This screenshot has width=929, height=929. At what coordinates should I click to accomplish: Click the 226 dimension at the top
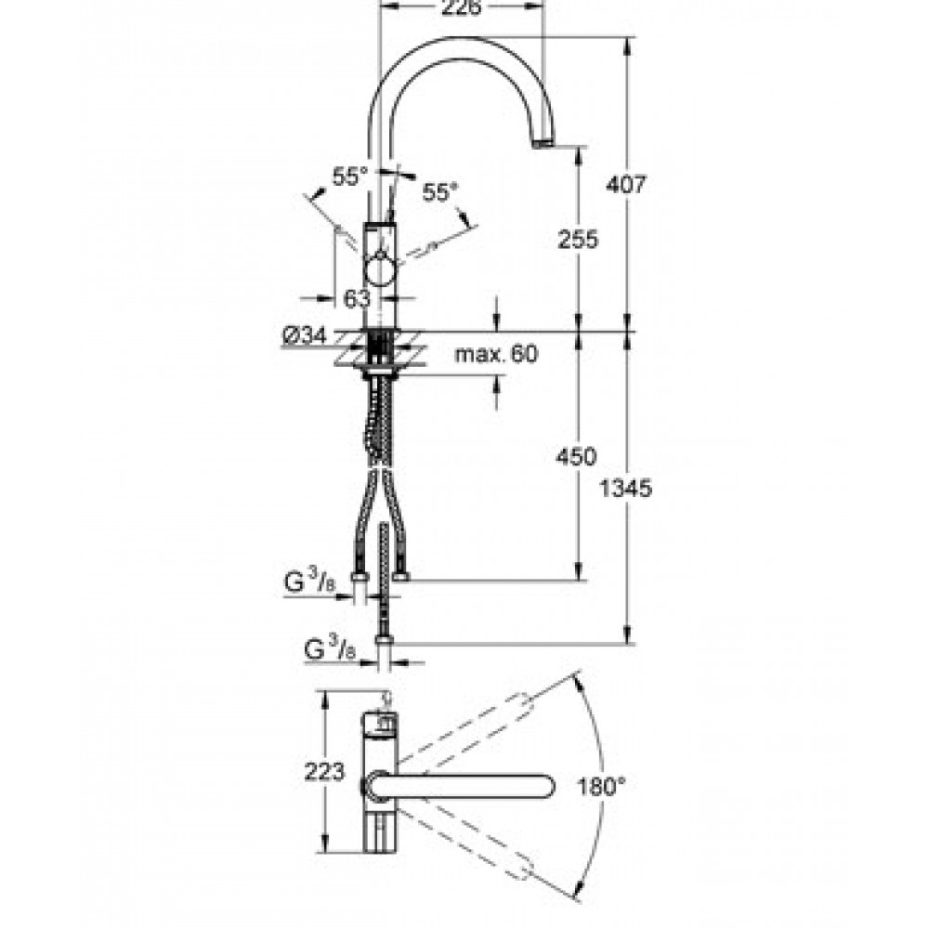[463, 7]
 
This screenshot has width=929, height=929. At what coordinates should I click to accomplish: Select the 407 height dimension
[626, 184]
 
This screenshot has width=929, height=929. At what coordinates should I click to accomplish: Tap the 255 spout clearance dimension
[578, 239]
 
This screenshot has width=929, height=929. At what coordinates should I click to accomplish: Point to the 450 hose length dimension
[576, 457]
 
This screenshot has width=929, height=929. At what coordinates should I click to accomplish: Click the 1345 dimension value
[625, 489]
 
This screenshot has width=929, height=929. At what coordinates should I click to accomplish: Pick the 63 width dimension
[357, 298]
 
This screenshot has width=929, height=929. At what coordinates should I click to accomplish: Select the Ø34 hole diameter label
[305, 336]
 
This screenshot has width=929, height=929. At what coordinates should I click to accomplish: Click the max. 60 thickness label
[496, 354]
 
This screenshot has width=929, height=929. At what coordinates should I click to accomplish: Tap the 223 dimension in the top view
[324, 771]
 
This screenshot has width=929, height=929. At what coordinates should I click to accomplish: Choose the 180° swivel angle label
[601, 787]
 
